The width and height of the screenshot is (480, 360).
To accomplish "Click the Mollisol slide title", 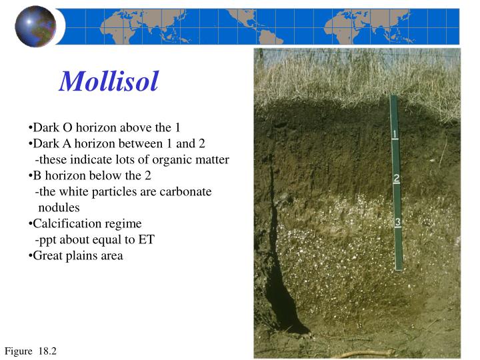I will tap(109, 81).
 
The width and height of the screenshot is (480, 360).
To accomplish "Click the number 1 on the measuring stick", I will tap(395, 134).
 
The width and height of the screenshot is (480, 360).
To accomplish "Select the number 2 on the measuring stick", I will tap(396, 178).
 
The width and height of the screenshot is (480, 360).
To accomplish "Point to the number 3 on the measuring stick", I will tap(397, 222).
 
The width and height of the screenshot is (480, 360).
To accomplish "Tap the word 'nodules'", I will tap(59, 207).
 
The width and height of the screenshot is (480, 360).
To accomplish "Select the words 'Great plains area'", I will tap(77, 255).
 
